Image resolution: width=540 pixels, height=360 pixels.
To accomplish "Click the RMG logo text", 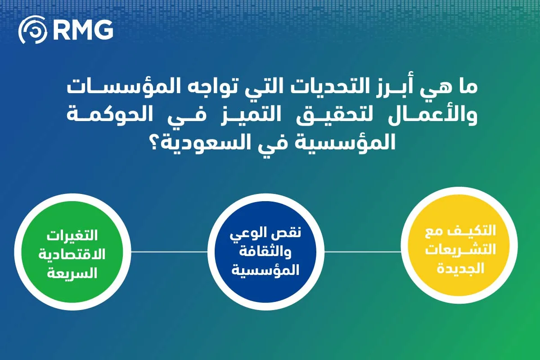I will [x=83, y=30].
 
